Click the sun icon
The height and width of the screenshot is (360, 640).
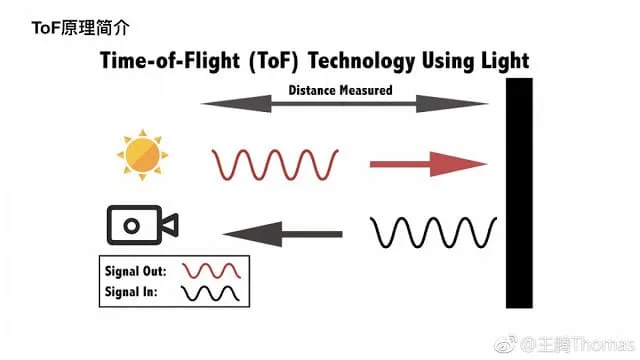(142, 155)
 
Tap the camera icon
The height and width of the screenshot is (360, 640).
(142, 225)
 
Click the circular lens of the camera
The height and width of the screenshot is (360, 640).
(131, 226)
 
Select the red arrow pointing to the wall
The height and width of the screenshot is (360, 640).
(429, 164)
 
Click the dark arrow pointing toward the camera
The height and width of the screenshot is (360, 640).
(282, 234)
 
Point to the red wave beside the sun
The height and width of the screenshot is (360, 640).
(275, 164)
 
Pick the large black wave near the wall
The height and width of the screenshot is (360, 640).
(433, 232)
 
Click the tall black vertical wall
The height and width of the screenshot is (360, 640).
(519, 193)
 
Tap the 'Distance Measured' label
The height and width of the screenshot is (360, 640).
(340, 90)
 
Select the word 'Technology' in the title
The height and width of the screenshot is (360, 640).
(361, 61)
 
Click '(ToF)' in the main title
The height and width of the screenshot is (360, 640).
(273, 61)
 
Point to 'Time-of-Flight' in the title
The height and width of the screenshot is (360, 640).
(170, 61)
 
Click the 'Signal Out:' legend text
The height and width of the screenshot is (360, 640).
(136, 271)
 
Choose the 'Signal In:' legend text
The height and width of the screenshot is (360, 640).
(131, 292)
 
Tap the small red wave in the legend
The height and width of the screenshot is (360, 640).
(211, 271)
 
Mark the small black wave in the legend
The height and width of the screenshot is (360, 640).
(210, 293)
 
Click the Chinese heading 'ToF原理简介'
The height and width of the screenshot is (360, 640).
(81, 28)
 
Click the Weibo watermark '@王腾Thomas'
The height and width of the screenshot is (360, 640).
(577, 345)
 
